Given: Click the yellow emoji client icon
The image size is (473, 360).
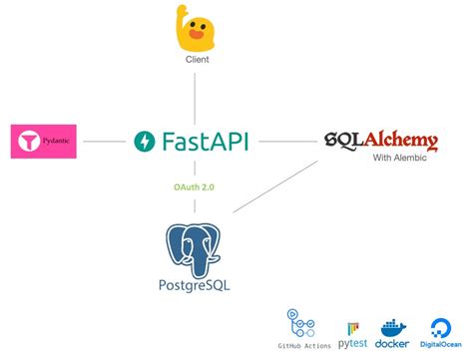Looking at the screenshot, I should click(x=197, y=30).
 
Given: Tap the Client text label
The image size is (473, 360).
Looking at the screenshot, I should click(x=197, y=60).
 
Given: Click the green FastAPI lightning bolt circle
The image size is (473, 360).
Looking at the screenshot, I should click(x=144, y=141).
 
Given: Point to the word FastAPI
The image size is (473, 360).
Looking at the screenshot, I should click(x=209, y=141).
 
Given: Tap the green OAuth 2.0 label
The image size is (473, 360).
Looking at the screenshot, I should click(x=196, y=184).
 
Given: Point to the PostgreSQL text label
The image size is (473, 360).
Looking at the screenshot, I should click(x=196, y=290).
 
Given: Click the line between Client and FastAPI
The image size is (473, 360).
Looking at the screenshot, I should click(x=196, y=95).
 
